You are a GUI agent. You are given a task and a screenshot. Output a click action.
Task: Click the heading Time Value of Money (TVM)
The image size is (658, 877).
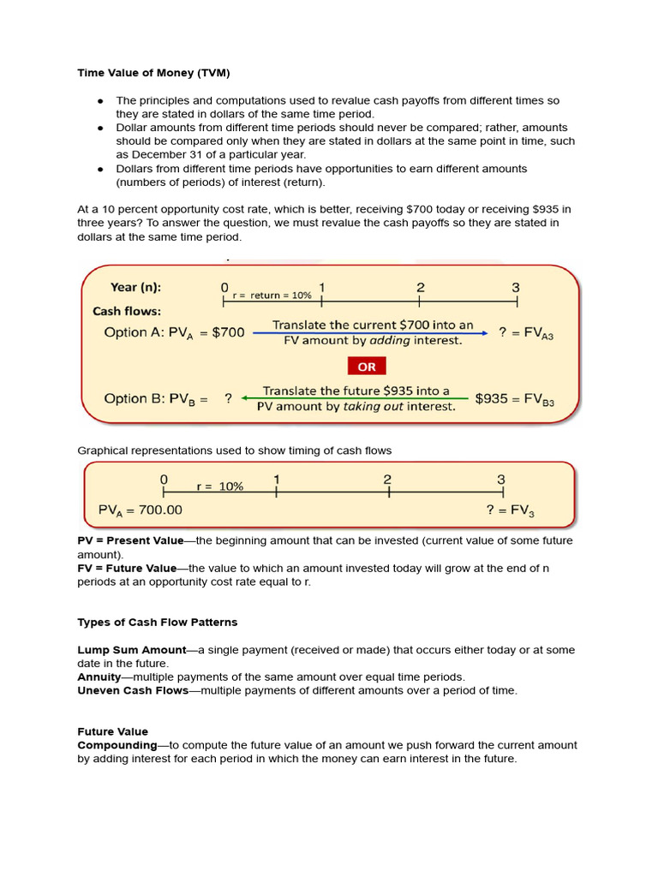pyautogui.click(x=154, y=73)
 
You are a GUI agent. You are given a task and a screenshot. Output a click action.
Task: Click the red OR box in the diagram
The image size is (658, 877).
pyautogui.click(x=367, y=366)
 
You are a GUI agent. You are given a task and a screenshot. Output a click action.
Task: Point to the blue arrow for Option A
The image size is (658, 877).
pyautogui.click(x=370, y=332)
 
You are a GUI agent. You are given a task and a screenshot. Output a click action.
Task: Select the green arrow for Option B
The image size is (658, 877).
pyautogui.click(x=356, y=398)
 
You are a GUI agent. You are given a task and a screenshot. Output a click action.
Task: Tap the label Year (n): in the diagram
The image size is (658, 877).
pyautogui.click(x=135, y=288)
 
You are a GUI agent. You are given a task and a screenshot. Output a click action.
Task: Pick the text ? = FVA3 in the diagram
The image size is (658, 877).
pyautogui.click(x=526, y=332)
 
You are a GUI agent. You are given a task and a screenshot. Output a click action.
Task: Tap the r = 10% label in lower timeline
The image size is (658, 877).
pyautogui.click(x=219, y=486)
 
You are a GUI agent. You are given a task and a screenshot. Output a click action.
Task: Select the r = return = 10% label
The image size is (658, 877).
pyautogui.click(x=272, y=295)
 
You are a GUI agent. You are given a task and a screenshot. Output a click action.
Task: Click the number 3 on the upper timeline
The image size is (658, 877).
pyautogui.click(x=516, y=288)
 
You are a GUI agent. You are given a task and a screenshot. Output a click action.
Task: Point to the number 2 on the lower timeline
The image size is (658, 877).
pyautogui.click(x=387, y=480)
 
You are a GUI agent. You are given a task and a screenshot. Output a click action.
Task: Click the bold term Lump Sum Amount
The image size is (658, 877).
pyautogui.click(x=132, y=650)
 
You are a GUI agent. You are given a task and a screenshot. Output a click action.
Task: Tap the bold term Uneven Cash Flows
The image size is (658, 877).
pyautogui.click(x=133, y=690)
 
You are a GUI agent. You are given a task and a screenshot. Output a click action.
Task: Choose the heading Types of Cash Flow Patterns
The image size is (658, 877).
pyautogui.click(x=158, y=622)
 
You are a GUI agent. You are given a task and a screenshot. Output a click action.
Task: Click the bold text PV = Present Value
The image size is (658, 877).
pyautogui.click(x=130, y=540)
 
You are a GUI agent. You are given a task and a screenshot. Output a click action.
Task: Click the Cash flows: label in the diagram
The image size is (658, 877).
pyautogui.click(x=127, y=311)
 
